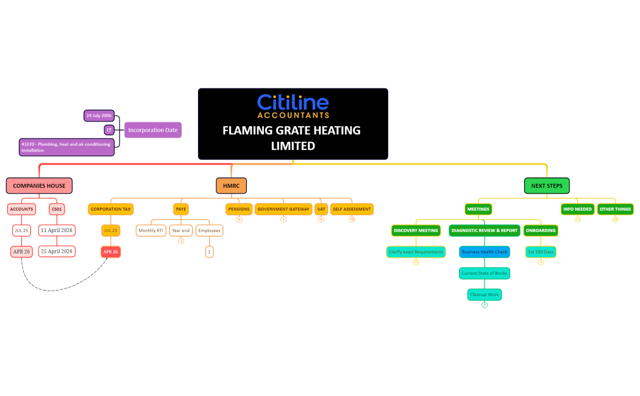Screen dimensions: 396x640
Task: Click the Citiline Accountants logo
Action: click(293, 106)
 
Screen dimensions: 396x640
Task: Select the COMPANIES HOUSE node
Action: click(39, 185)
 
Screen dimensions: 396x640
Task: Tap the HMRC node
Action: click(231, 185)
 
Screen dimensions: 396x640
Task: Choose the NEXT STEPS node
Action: click(546, 185)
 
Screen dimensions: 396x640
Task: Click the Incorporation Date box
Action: click(153, 130)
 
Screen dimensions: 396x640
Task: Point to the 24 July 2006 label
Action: click(99, 115)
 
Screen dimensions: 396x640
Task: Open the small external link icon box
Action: click(109, 130)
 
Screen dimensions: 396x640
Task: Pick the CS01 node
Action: click(57, 209)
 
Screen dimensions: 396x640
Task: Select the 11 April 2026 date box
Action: click(57, 230)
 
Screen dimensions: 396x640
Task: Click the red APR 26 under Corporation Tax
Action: click(110, 251)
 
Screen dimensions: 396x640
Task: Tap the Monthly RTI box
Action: click(151, 231)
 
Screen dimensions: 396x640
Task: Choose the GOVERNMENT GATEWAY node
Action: click(283, 209)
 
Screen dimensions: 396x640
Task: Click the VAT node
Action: click(321, 209)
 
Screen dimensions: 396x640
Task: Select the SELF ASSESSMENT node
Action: click(352, 209)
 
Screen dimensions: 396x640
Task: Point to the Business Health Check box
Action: click(485, 252)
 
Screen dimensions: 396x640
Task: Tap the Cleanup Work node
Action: click(485, 294)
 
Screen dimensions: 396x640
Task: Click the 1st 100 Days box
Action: click(541, 252)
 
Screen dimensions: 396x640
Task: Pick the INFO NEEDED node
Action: click(577, 209)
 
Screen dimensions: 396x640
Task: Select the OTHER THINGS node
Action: click(615, 209)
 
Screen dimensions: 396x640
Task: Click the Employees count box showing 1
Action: click(210, 251)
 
